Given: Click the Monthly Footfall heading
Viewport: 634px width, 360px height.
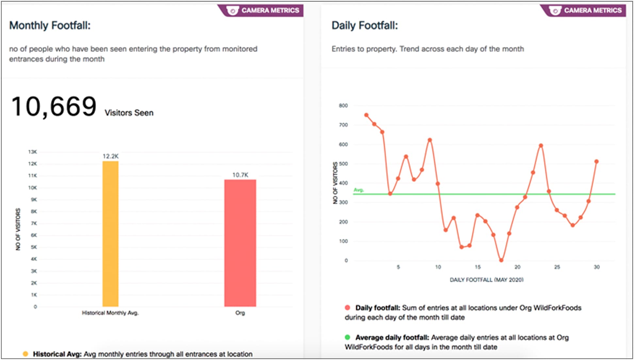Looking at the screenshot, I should pos(50,25).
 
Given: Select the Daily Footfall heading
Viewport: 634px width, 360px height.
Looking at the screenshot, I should pos(365,25).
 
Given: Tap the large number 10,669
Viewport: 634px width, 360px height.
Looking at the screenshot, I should pos(54,107).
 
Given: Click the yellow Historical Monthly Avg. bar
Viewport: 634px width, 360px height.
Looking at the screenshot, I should pos(110,234).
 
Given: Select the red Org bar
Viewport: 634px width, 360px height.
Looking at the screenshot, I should pos(240,243).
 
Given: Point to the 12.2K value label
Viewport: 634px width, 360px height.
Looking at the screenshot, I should pos(110,156).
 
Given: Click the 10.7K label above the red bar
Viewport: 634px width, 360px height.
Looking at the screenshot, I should pos(240,175).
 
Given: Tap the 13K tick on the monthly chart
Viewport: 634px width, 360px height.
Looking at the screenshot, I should pos(33,152).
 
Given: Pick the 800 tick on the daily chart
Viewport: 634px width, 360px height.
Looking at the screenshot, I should pos(343,105).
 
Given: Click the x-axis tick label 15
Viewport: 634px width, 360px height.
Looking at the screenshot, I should pos(478,267).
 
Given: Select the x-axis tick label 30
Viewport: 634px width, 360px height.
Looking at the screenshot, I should pos(596,267).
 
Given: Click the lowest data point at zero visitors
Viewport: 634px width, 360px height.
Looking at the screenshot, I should pos(501,260).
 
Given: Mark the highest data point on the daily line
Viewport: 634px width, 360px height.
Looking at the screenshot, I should pos(366,115).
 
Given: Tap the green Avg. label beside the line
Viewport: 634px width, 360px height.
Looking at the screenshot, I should pos(359,190).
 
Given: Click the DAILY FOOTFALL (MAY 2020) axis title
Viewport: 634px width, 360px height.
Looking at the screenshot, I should pos(486,280).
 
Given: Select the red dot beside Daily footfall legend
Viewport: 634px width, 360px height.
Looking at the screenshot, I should pos(348,307).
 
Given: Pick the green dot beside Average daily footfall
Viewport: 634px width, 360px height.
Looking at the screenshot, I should pos(348,337).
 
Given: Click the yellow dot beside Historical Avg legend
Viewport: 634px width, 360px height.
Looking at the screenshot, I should pos(25,354).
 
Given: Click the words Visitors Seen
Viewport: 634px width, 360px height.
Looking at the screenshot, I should pos(129,113).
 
